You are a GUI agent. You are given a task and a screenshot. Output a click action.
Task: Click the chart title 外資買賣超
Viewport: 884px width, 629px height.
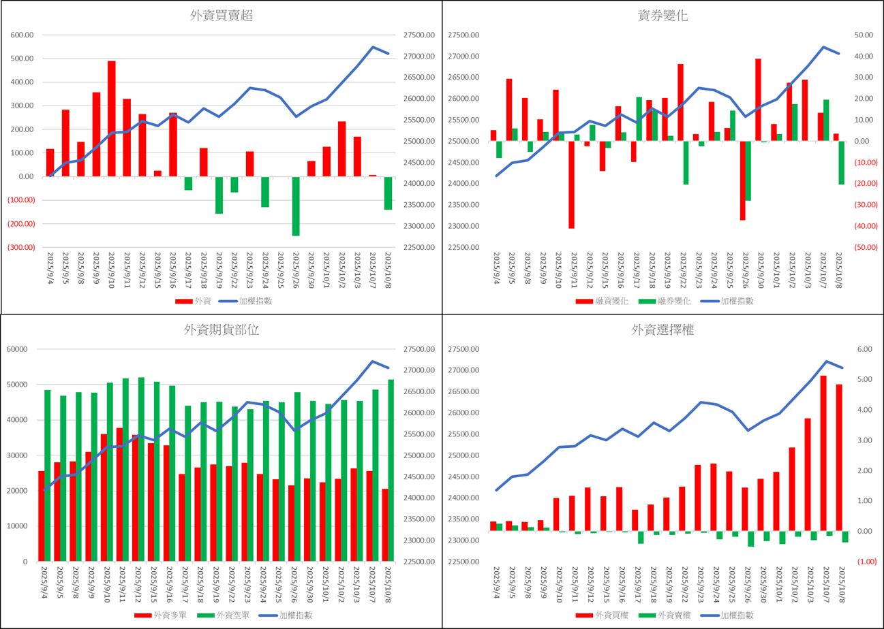(x=222, y=16)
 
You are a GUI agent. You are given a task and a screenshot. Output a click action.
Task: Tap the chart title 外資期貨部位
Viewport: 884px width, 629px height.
(x=222, y=330)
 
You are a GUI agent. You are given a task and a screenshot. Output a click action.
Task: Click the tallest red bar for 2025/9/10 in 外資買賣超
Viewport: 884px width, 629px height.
(x=111, y=119)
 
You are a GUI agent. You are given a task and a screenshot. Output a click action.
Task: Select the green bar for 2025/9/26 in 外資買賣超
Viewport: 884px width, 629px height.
(x=296, y=206)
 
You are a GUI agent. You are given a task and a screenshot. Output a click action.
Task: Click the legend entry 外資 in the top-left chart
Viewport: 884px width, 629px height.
(x=195, y=301)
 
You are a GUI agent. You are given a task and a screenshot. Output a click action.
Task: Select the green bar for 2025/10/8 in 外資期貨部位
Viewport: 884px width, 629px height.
(x=391, y=470)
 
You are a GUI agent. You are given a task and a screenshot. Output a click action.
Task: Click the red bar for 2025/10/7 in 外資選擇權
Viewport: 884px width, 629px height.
(x=823, y=453)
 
